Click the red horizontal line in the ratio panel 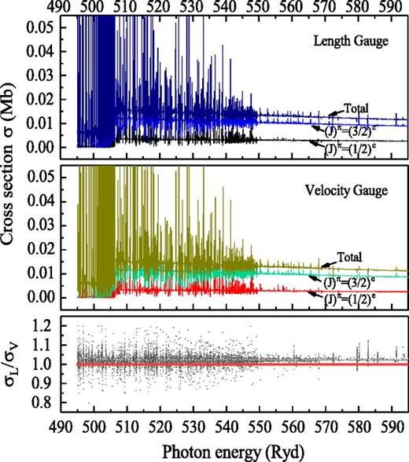coord(236,365)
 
